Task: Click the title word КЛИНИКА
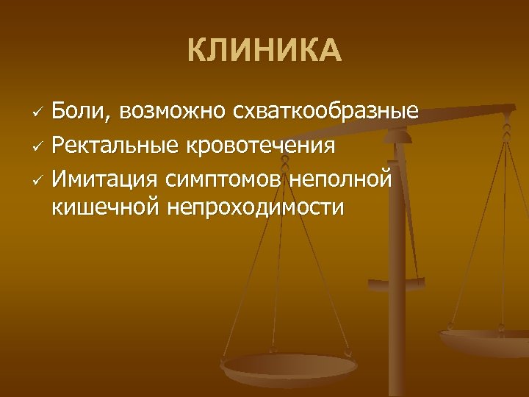click(264, 51)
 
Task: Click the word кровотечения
click(260, 145)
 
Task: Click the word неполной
click(342, 177)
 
